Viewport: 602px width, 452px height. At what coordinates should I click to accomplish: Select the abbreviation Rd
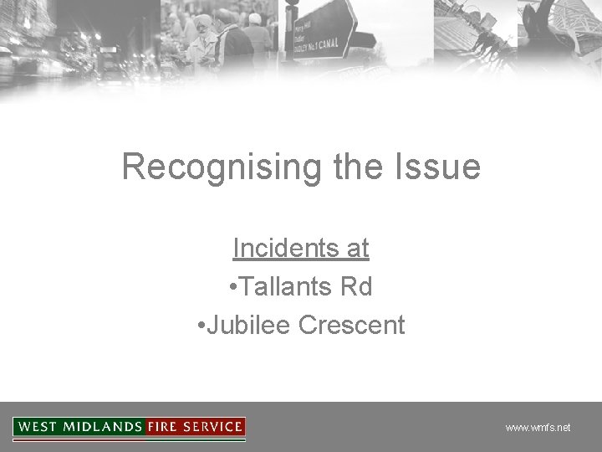(356, 287)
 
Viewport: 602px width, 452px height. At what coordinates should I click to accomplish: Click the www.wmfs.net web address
(538, 428)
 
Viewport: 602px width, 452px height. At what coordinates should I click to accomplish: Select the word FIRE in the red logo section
(164, 427)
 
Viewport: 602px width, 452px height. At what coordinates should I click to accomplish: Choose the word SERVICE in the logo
(213, 427)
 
